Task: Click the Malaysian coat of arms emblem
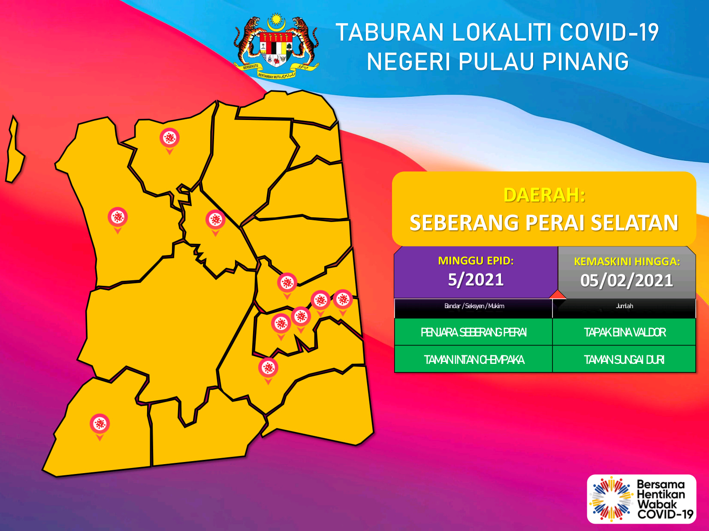click(x=277, y=46)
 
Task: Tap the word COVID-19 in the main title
click(x=609, y=32)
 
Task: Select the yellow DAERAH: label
click(x=544, y=195)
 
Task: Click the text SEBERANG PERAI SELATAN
click(x=544, y=222)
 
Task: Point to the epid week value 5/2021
click(x=476, y=279)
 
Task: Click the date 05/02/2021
click(x=627, y=280)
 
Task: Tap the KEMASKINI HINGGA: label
click(x=627, y=261)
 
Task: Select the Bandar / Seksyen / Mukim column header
click(x=474, y=306)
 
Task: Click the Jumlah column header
click(x=624, y=306)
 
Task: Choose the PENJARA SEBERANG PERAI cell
click(x=474, y=332)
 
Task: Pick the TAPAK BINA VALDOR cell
click(x=625, y=332)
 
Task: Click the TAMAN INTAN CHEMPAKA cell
click(x=474, y=360)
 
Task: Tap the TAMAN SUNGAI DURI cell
click(x=624, y=360)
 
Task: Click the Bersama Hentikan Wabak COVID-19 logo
click(x=642, y=499)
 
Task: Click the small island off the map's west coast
click(x=15, y=150)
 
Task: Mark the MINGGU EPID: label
click(x=476, y=261)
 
